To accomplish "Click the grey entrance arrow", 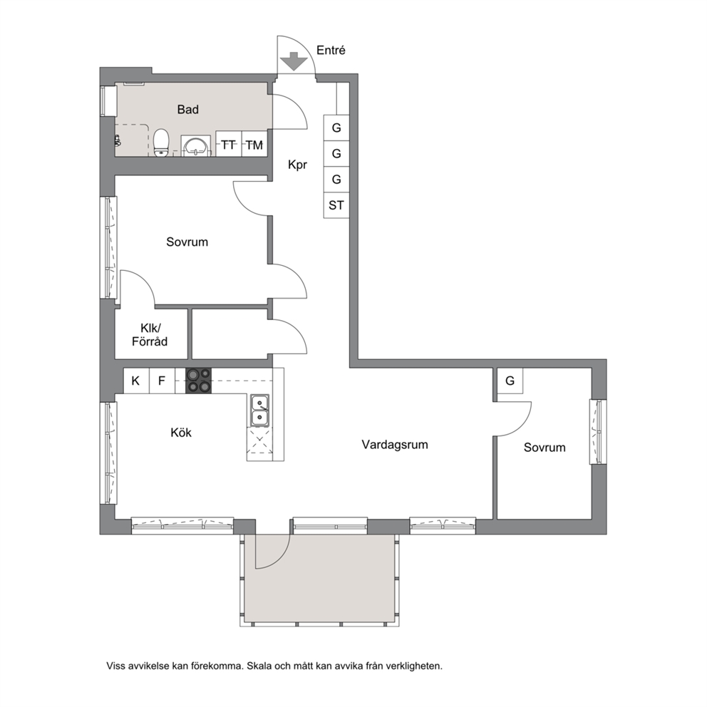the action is [x=294, y=61].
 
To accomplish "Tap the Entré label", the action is [x=331, y=50].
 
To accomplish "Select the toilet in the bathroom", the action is [x=161, y=143].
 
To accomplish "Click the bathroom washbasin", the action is [x=196, y=145].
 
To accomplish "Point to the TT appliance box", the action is [x=229, y=144].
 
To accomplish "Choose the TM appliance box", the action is [x=254, y=144].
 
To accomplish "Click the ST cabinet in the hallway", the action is [x=336, y=205].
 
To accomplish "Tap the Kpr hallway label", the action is [x=297, y=165].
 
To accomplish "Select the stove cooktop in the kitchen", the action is [x=198, y=381].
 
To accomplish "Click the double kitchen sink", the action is [x=260, y=411].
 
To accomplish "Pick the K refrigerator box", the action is [x=135, y=381].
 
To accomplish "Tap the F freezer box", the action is [x=161, y=381].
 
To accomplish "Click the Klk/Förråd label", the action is [x=150, y=334].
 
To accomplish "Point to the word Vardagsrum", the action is [x=395, y=445].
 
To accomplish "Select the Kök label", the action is [x=181, y=433].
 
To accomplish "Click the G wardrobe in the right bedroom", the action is [x=510, y=381].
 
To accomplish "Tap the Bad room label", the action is [x=187, y=109].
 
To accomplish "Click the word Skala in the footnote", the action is [x=259, y=666].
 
